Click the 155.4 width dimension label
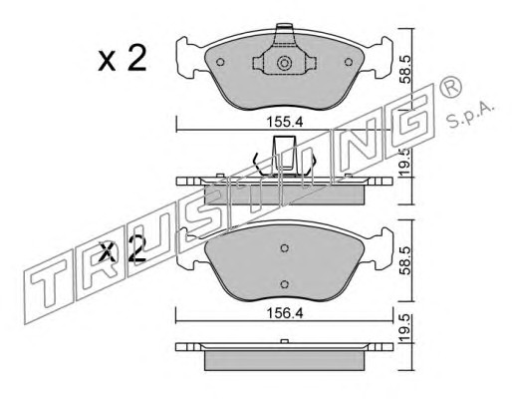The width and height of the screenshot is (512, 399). click(285, 122)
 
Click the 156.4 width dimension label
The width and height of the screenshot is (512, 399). click(285, 313)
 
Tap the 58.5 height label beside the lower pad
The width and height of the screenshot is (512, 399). click(406, 260)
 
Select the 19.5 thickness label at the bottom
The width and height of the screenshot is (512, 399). click(405, 329)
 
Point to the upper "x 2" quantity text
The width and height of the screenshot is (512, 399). click(123, 59)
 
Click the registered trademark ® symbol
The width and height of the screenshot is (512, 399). click(450, 86)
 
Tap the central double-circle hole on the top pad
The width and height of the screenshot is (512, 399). click(284, 63)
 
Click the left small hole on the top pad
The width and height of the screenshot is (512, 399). click(220, 62)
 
